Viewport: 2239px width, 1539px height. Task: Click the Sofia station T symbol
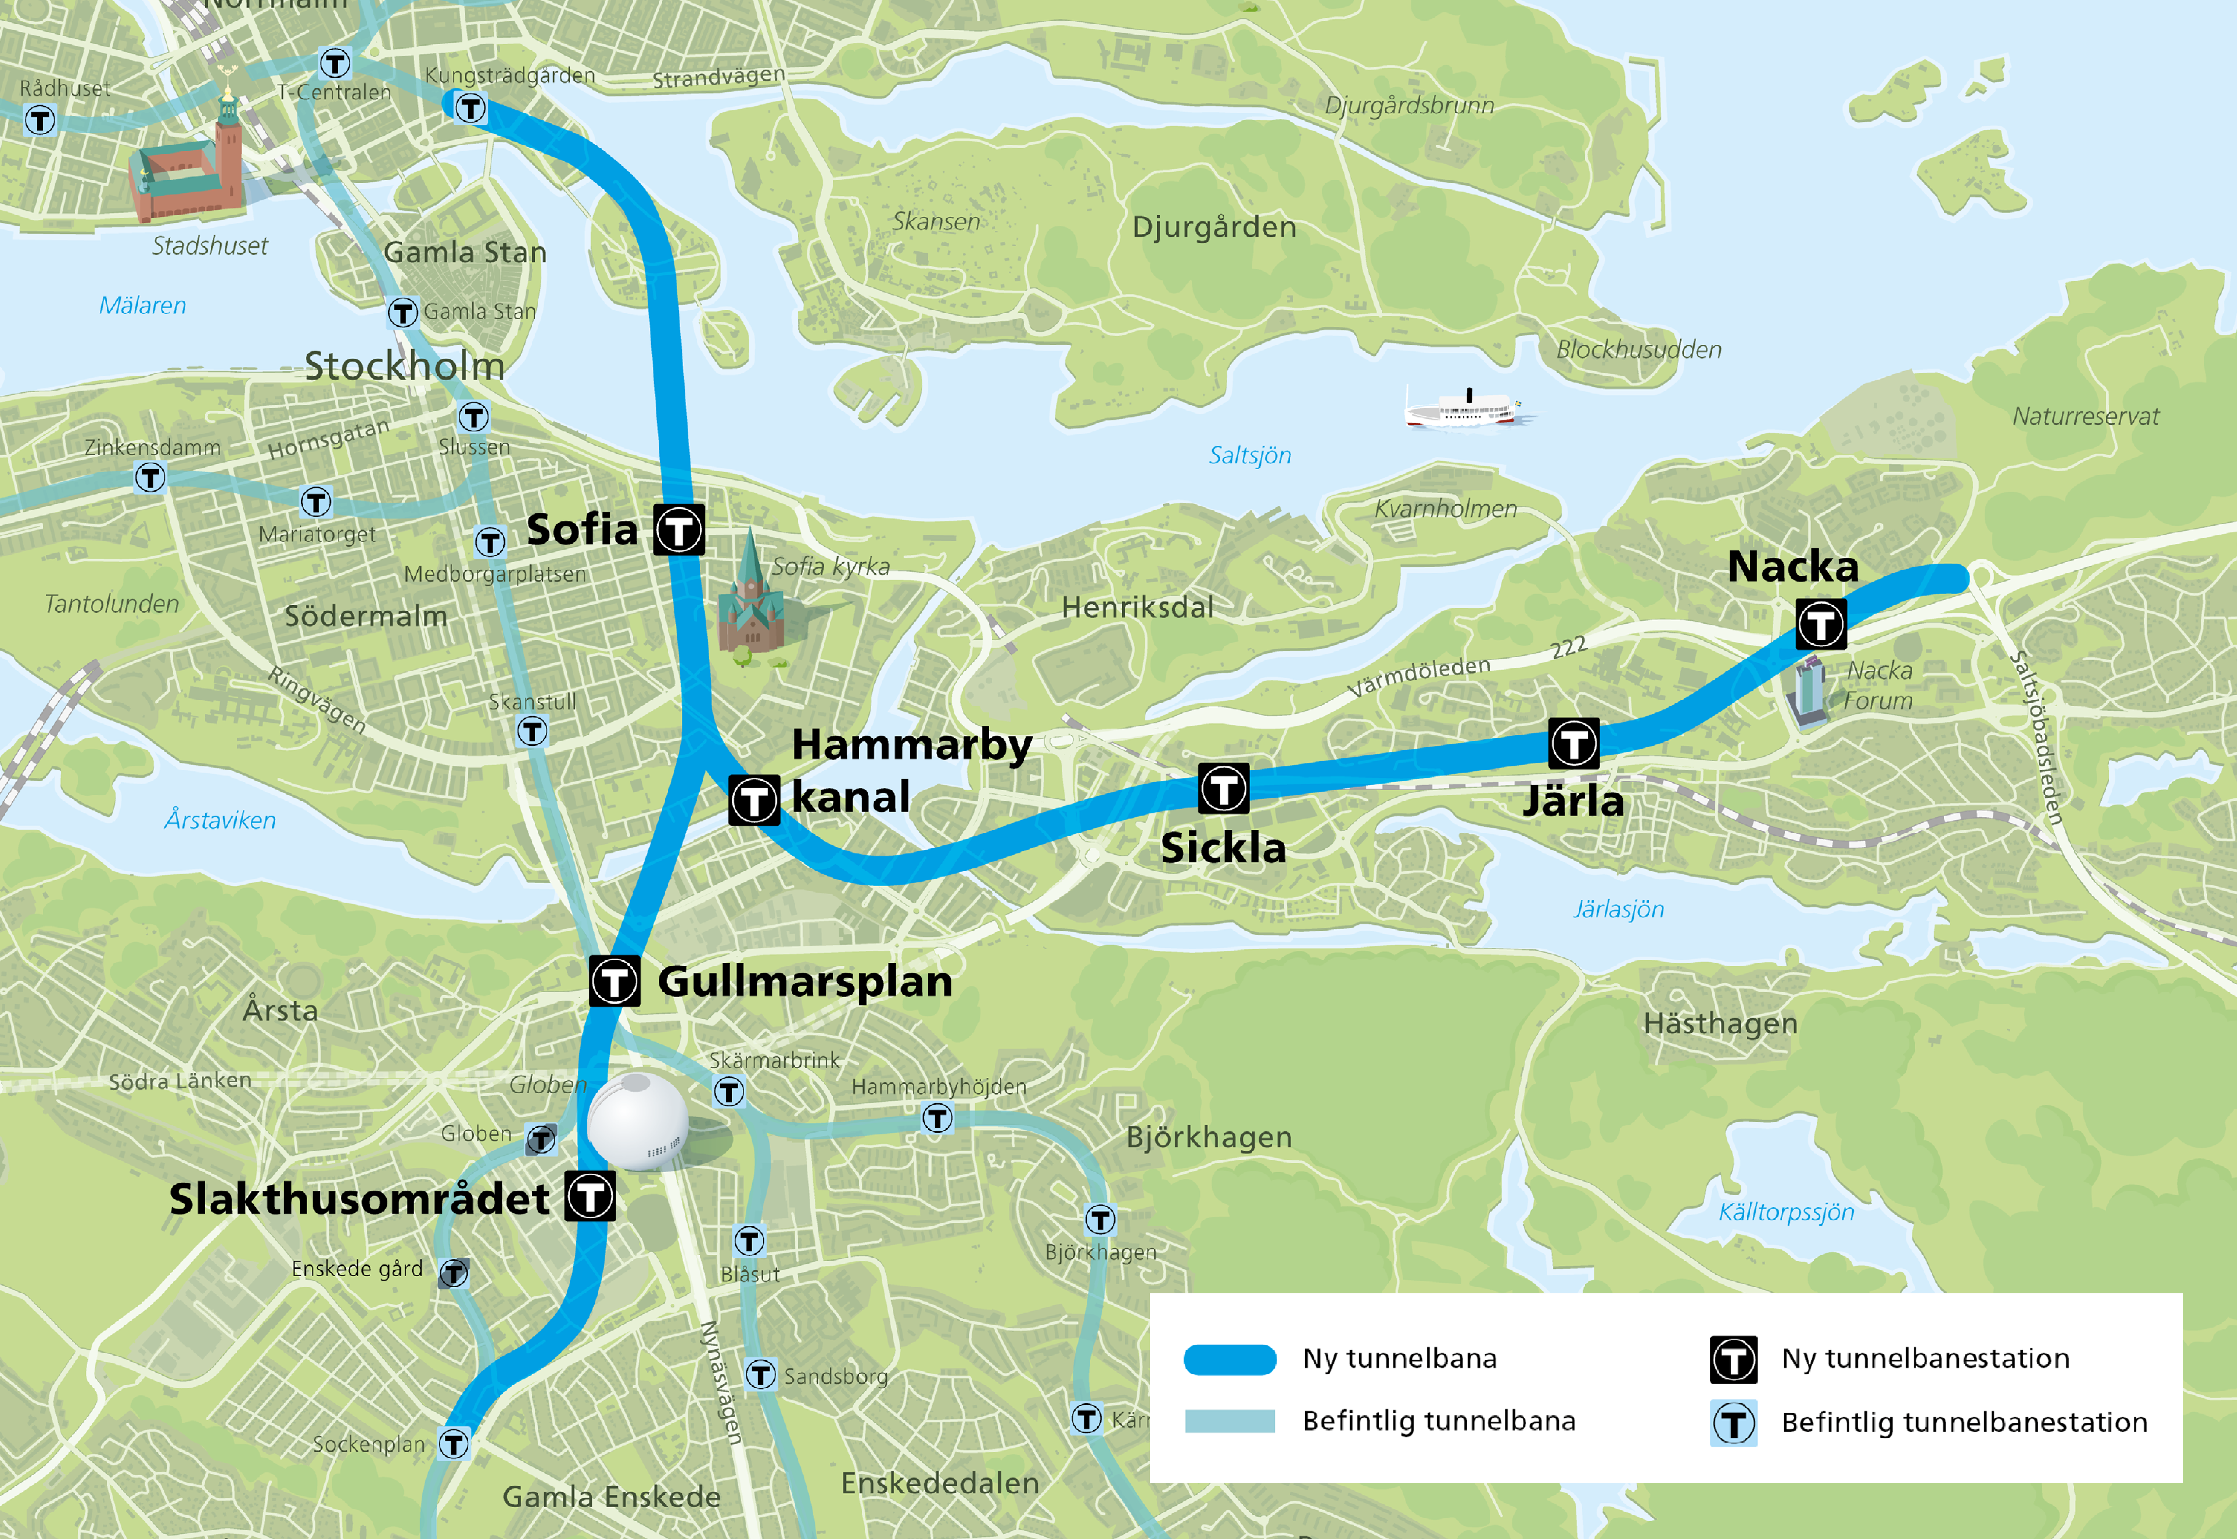679,529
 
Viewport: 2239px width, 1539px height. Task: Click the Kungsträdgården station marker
470,107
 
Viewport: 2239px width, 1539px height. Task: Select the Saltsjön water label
1250,455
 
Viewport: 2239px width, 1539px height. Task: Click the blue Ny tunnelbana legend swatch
1230,1359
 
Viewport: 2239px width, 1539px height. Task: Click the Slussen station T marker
473,417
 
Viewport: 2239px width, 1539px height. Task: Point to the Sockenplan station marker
453,1444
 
